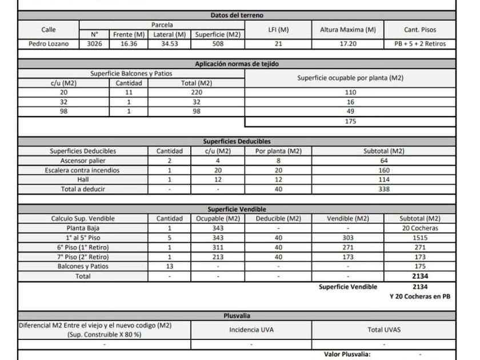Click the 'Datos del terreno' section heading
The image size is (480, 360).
tap(237, 15)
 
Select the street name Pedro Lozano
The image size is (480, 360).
tap(49, 43)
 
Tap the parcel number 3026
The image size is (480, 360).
tap(95, 43)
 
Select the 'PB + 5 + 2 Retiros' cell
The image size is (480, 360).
tap(420, 43)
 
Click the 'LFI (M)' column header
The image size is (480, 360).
tap(278, 30)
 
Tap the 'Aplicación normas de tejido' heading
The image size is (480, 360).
tap(237, 64)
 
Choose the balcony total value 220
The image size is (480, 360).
tap(197, 92)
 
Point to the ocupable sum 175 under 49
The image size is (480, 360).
tap(350, 122)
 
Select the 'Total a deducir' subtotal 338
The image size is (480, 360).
tap(383, 189)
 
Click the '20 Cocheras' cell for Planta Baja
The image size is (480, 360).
tap(420, 228)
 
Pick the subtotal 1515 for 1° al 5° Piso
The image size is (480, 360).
tap(420, 238)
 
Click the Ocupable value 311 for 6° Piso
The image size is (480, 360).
tap(218, 247)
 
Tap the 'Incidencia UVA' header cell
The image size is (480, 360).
tap(251, 330)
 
